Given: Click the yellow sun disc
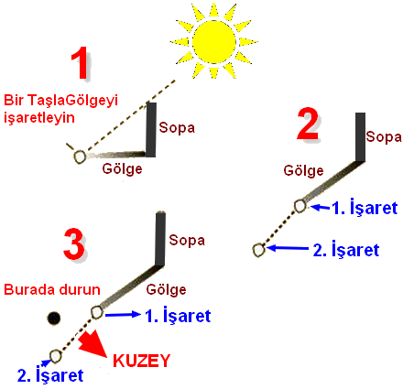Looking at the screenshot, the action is pyautogui.click(x=214, y=42).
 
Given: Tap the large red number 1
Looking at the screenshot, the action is pyautogui.click(x=81, y=63).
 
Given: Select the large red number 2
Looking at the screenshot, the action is pyautogui.click(x=308, y=124).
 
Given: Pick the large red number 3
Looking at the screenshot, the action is pyautogui.click(x=73, y=244).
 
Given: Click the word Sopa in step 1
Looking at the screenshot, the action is pyautogui.click(x=177, y=127).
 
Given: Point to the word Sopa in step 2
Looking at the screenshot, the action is pyautogui.click(x=384, y=136).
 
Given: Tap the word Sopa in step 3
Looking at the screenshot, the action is pyautogui.click(x=187, y=240).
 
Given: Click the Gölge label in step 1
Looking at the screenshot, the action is pyautogui.click(x=122, y=168).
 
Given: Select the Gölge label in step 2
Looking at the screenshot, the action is pyautogui.click(x=303, y=170).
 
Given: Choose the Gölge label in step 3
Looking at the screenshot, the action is pyautogui.click(x=167, y=289).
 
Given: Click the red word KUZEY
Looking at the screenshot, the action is pyautogui.click(x=141, y=361).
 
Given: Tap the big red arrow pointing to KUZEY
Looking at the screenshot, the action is pyautogui.click(x=93, y=342).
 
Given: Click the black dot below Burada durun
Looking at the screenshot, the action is pyautogui.click(x=54, y=318).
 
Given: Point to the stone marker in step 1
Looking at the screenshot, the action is pyautogui.click(x=80, y=157).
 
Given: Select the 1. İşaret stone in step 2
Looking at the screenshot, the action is pyautogui.click(x=300, y=206).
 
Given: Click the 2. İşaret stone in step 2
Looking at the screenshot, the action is pyautogui.click(x=258, y=250).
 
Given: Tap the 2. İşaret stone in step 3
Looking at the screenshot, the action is pyautogui.click(x=55, y=356).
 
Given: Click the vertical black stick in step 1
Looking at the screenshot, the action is pyautogui.click(x=151, y=130).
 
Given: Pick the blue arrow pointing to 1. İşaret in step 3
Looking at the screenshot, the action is pyautogui.click(x=123, y=314).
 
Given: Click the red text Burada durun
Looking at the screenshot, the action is pyautogui.click(x=52, y=289).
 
